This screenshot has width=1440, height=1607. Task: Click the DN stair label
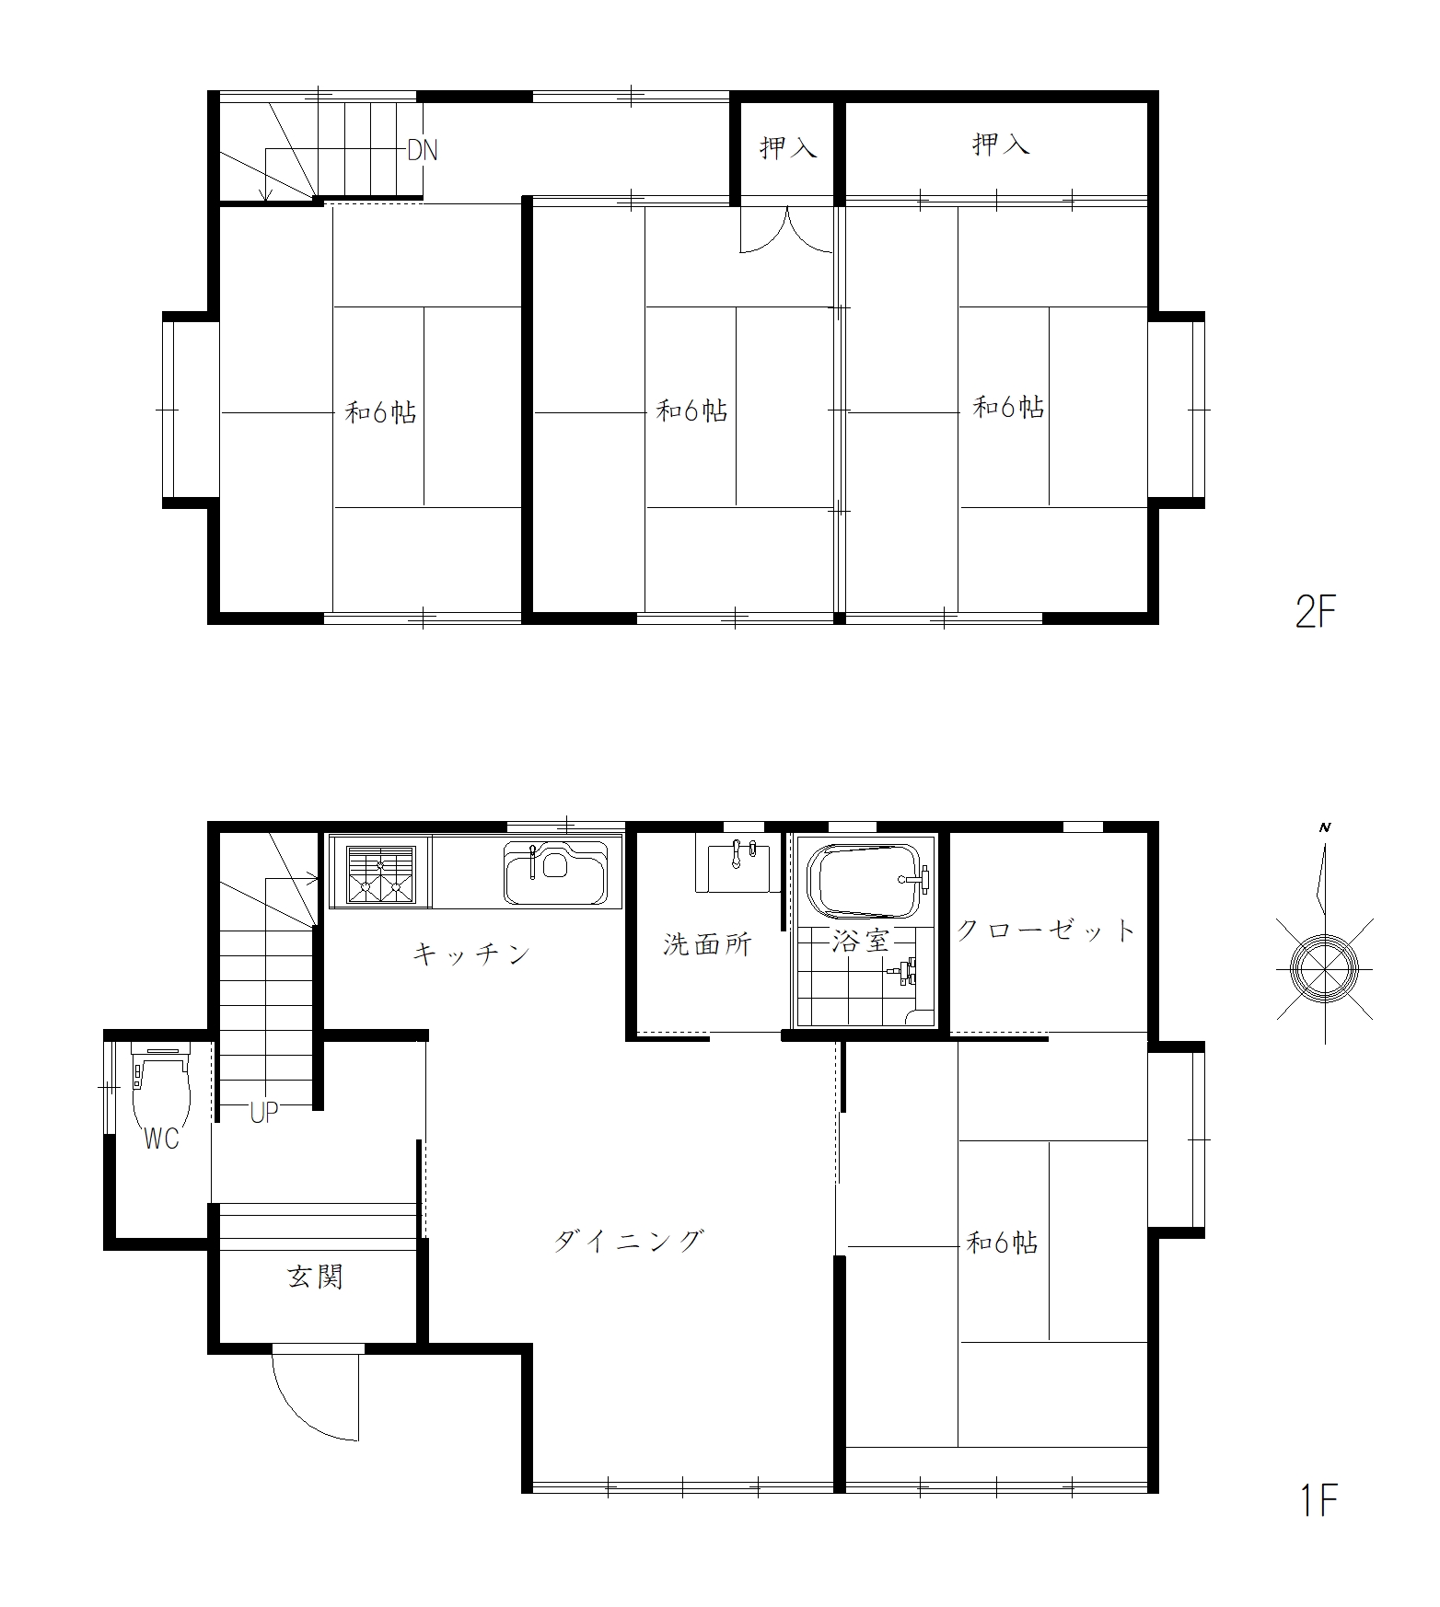pos(423,150)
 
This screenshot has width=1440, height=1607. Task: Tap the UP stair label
pos(264,1112)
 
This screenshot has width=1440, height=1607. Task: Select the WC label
pos(162,1139)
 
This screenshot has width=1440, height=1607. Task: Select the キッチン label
pos(471,954)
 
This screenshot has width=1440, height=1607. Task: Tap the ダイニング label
pos(629,1241)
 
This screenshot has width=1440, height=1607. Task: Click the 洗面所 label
pos(707,944)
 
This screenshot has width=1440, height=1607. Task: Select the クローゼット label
pos(1047,930)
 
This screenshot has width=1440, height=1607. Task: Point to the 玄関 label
pos(316,1277)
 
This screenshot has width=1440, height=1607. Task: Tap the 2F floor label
pos(1315,612)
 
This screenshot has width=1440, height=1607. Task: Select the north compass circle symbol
pos(1325,968)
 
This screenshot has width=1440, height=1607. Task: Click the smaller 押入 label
pos(788,147)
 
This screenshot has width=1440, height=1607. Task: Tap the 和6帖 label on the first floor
pos(1002,1243)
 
